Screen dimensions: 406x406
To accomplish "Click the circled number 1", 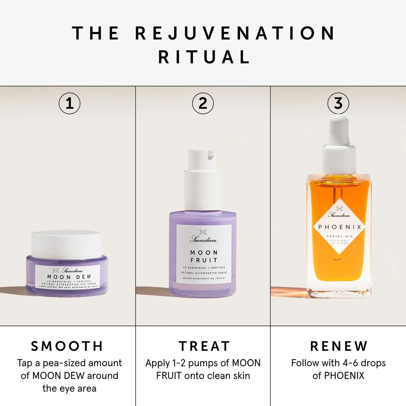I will click(70, 104).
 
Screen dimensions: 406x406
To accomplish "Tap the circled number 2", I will click(203, 104).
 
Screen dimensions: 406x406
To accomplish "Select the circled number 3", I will click(338, 104).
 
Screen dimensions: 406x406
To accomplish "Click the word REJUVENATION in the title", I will click(235, 33).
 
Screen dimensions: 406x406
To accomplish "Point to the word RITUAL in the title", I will click(204, 57).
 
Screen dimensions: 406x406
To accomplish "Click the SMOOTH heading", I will click(67, 346).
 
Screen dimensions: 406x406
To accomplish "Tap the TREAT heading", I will click(204, 346).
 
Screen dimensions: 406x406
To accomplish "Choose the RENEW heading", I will click(339, 346).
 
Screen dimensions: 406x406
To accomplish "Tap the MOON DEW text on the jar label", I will click(69, 277).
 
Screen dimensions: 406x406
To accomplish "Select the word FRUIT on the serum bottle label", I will click(204, 260).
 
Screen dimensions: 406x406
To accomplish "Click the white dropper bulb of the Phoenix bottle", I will click(339, 130).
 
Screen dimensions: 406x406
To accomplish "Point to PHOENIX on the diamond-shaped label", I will click(340, 227).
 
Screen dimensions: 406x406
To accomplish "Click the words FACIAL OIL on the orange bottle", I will click(340, 236).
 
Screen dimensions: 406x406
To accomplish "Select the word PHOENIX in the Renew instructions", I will click(344, 376).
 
